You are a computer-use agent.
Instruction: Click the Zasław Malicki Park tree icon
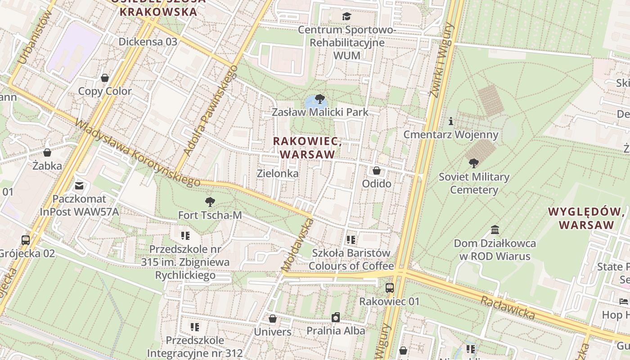319,99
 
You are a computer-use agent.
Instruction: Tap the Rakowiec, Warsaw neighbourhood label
307,148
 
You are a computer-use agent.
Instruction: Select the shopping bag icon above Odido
377,171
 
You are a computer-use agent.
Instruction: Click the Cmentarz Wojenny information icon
451,121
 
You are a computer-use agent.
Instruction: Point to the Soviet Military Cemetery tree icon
473,163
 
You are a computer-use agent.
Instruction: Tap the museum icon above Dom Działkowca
495,230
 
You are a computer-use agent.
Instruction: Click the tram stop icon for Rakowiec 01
390,288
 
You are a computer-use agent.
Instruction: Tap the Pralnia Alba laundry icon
335,318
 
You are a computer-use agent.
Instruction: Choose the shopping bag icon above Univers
272,319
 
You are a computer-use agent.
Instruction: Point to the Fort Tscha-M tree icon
210,202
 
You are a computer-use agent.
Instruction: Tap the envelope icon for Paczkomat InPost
79,185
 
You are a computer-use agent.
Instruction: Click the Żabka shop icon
47,153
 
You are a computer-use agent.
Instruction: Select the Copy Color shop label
105,91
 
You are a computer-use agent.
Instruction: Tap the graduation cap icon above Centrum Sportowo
346,17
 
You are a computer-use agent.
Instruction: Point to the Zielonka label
277,173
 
